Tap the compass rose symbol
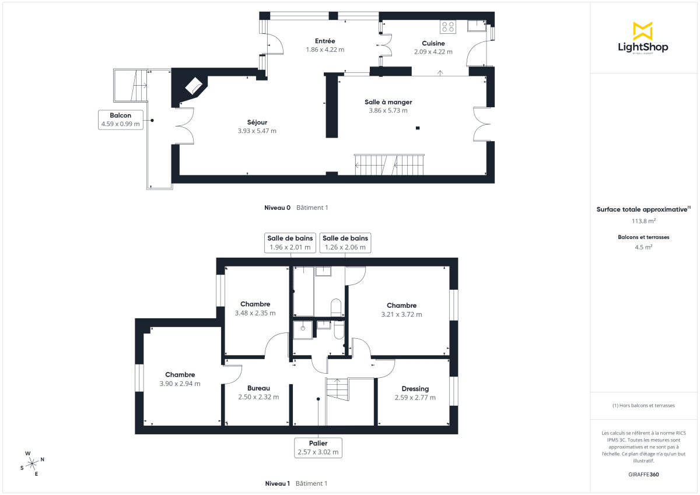tap(32, 463)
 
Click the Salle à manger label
tap(388, 102)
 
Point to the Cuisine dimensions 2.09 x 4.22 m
tap(433, 52)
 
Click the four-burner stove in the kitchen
tap(448, 26)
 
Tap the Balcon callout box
tap(121, 120)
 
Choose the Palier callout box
tap(318, 447)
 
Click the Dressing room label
tap(415, 389)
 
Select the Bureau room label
tap(258, 388)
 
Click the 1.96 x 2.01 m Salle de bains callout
tap(290, 243)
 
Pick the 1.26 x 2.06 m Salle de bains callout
tap(345, 243)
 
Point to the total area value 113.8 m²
tap(643, 221)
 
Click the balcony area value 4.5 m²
tap(643, 247)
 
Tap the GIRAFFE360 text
tap(643, 475)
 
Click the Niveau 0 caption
tap(278, 208)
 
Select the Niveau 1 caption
tap(278, 483)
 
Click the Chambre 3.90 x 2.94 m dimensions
tap(180, 384)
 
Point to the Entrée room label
tap(325, 41)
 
